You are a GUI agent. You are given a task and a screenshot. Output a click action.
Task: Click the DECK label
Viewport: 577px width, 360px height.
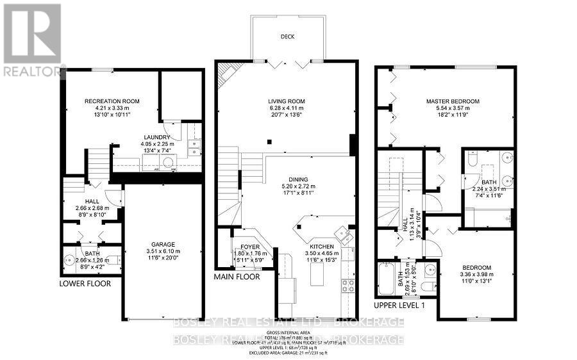pos(288,37)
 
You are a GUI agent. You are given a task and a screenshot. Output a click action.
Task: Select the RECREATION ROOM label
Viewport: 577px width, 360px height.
pos(112,101)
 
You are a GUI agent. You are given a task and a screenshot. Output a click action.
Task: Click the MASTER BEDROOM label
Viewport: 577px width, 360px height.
pos(453,101)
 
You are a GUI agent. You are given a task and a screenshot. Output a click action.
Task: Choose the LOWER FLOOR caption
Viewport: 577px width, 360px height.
pos(85,283)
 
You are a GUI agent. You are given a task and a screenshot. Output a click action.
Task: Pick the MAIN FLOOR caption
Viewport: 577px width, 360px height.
pos(238,277)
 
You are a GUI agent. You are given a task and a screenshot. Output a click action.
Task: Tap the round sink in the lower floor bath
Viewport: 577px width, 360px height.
pos(69,261)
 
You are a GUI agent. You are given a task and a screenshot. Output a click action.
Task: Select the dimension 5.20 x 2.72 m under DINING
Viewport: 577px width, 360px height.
pos(298,187)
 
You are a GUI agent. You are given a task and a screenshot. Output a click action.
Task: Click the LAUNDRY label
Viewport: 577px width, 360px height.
pos(157,137)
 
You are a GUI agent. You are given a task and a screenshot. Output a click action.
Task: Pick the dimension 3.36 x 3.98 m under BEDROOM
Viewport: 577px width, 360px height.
pos(477,275)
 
